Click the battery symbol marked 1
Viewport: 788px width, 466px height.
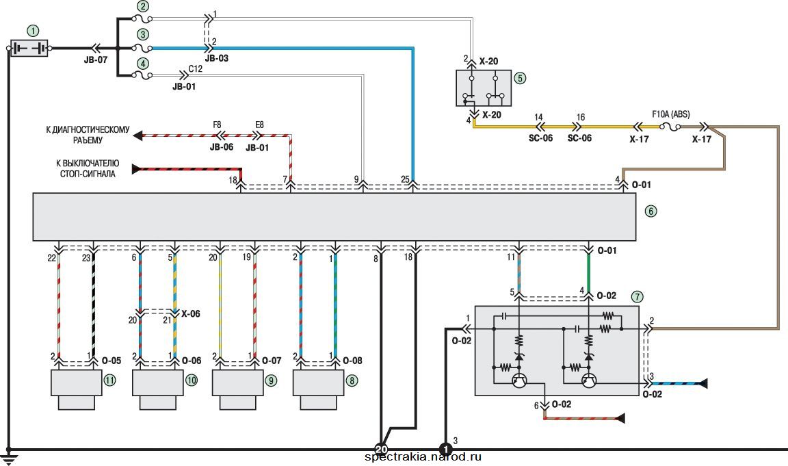pos(29,49)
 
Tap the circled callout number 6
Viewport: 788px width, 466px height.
pos(651,211)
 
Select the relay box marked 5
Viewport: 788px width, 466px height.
pos(484,88)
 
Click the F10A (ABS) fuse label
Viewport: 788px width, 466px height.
pos(671,114)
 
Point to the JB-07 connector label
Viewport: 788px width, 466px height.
pos(96,60)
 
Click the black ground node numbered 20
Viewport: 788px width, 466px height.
pos(382,449)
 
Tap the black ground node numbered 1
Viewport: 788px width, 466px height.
pos(445,449)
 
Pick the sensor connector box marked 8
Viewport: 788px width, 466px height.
pos(319,389)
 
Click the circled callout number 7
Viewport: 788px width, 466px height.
pos(638,296)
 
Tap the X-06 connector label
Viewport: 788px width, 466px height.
pos(190,314)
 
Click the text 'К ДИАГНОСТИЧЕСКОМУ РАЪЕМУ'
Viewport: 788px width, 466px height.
pos(88,135)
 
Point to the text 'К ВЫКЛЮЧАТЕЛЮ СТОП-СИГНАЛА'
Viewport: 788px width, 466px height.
pos(88,169)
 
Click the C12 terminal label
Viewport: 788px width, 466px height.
pos(196,68)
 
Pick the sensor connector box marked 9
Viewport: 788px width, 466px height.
pos(238,389)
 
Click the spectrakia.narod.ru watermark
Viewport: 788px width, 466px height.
pos(423,456)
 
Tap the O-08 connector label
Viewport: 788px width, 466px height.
pos(352,361)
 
